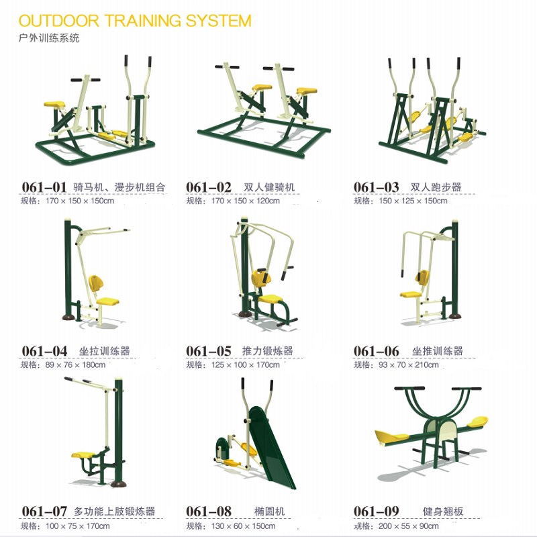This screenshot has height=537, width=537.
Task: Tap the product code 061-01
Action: click(x=44, y=187)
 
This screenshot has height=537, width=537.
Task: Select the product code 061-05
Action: click(x=209, y=351)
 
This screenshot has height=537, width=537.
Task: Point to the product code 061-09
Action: click(x=376, y=511)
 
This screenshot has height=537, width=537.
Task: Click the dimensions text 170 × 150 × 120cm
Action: click(x=245, y=201)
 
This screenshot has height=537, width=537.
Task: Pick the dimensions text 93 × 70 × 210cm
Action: click(x=409, y=365)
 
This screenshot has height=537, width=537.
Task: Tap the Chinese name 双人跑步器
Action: click(x=436, y=187)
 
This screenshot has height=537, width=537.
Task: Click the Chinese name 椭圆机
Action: click(x=270, y=511)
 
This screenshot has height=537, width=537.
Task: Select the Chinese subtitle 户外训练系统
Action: click(x=49, y=38)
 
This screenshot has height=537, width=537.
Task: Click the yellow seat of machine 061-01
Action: click(x=54, y=104)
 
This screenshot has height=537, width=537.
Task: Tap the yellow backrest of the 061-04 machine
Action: click(x=95, y=283)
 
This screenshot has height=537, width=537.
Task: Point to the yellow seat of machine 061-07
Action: click(x=83, y=455)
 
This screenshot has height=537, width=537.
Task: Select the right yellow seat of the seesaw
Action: click(x=478, y=422)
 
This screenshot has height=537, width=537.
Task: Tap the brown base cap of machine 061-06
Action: click(x=455, y=315)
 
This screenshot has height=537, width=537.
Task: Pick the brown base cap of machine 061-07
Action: click(x=119, y=484)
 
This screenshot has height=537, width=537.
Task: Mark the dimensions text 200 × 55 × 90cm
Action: click(x=409, y=526)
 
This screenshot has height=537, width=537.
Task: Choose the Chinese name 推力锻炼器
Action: click(x=267, y=351)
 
